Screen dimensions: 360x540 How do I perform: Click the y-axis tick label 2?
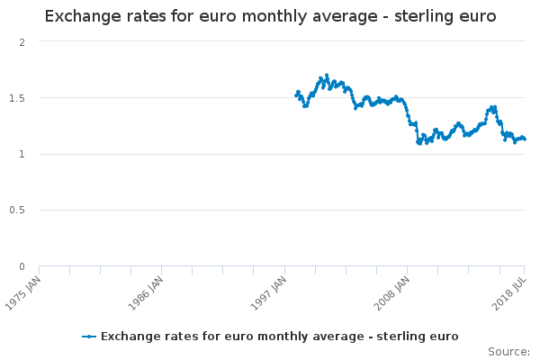pyautogui.click(x=22, y=42)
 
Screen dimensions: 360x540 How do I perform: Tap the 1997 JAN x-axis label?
pyautogui.click(x=268, y=291)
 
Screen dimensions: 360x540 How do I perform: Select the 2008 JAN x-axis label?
pyautogui.click(x=391, y=291)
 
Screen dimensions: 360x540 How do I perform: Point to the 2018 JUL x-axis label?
pyautogui.click(x=508, y=291)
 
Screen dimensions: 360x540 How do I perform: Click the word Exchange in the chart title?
pyautogui.click(x=82, y=17)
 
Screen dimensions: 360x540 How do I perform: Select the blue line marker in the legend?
pyautogui.click(x=88, y=337)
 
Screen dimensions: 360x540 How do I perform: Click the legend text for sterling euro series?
pyautogui.click(x=279, y=337)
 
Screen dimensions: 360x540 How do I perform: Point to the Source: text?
pyautogui.click(x=508, y=351)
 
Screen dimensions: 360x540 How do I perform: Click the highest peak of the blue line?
pyautogui.click(x=326, y=76)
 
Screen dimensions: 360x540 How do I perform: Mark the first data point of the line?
pyautogui.click(x=296, y=95)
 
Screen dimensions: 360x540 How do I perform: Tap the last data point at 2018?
pyautogui.click(x=525, y=139)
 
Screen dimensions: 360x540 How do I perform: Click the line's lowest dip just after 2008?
pyautogui.click(x=418, y=143)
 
